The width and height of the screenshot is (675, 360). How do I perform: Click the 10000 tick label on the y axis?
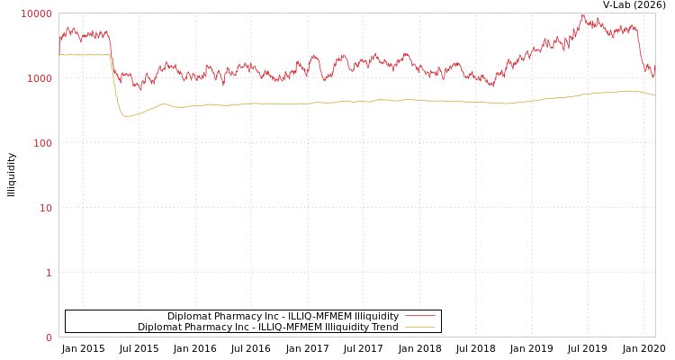point(37,13)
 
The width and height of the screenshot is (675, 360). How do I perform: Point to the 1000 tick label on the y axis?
point(40,78)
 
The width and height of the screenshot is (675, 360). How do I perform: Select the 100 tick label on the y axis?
point(42,143)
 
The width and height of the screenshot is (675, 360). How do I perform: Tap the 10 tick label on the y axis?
point(45,208)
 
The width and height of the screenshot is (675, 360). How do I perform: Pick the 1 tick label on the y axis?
point(49,273)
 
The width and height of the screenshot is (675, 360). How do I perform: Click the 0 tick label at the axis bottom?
point(49,337)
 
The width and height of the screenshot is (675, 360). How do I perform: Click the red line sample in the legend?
point(419,316)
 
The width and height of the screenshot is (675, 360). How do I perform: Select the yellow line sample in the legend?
point(419,327)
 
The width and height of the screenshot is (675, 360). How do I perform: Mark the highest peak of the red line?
point(582,14)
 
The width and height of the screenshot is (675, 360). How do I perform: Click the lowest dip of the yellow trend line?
point(126,116)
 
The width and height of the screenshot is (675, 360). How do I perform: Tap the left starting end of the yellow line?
point(59,55)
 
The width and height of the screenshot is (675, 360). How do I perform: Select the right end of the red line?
point(654,70)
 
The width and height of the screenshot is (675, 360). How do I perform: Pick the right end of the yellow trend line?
point(654,94)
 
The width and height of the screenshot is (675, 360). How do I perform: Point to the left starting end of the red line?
point(59,40)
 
